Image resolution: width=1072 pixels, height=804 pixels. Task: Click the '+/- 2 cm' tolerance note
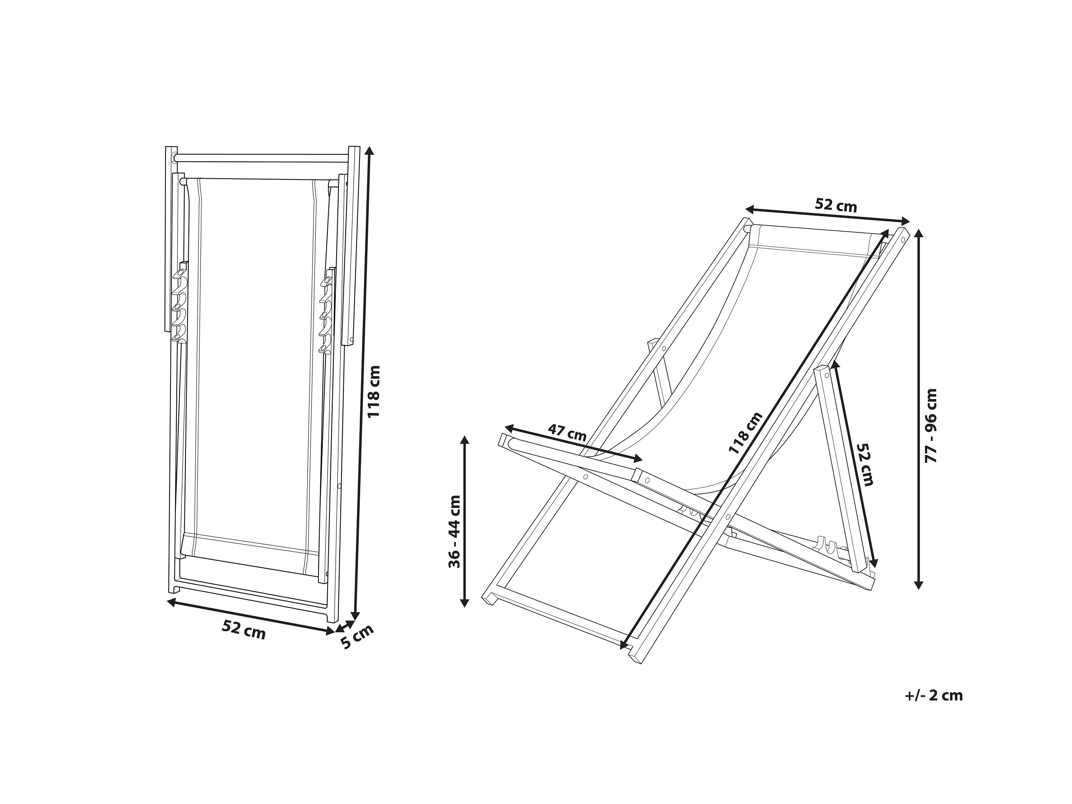tap(933, 695)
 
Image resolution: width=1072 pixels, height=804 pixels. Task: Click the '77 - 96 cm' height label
tap(931, 425)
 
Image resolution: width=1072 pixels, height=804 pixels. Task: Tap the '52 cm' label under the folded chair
tap(244, 629)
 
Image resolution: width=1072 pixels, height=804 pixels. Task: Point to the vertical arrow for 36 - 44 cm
tap(464, 521)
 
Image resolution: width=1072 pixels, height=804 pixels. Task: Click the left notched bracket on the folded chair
tap(179, 302)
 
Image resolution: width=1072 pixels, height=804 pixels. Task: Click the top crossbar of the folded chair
tap(262, 158)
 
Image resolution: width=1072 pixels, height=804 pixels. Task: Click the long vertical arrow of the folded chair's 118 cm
tap(363, 383)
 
